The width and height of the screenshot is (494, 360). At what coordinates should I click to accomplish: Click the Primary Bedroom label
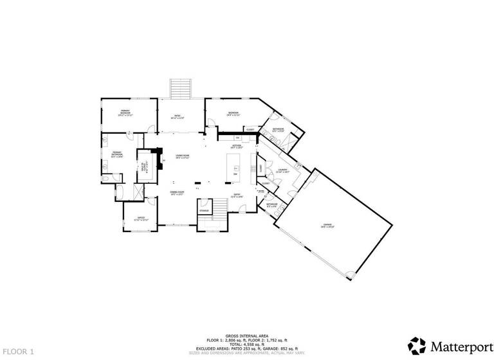125,113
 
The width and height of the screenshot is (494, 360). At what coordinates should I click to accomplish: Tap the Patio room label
177,118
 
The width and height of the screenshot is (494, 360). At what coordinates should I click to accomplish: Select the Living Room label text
182,157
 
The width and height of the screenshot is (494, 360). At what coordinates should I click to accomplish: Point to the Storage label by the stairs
204,211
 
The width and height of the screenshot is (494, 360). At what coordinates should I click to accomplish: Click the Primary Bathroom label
117,154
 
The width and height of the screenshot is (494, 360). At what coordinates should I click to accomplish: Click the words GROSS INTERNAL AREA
246,336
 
